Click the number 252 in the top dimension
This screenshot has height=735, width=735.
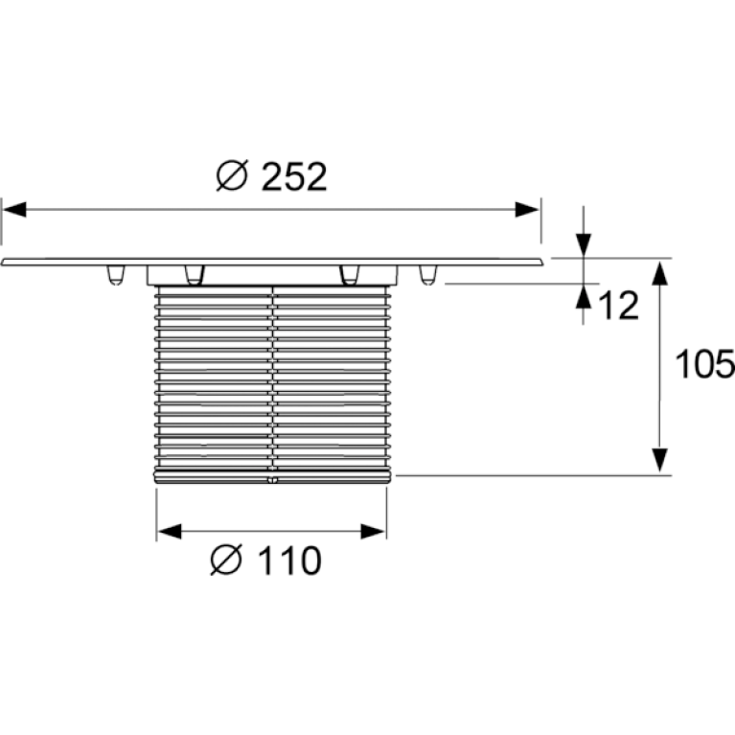click(294, 176)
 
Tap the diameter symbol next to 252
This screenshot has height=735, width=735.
click(232, 175)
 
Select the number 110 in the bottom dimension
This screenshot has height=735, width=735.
click(289, 561)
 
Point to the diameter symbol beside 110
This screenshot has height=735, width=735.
click(226, 560)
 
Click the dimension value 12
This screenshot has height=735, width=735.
click(619, 306)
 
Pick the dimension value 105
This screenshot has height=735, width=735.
click(704, 364)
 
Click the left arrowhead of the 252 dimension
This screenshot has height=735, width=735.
click(14, 210)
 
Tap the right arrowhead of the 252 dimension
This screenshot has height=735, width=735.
click(527, 210)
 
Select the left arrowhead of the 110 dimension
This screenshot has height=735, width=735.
click(170, 532)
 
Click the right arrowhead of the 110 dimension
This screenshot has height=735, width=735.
click(373, 532)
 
